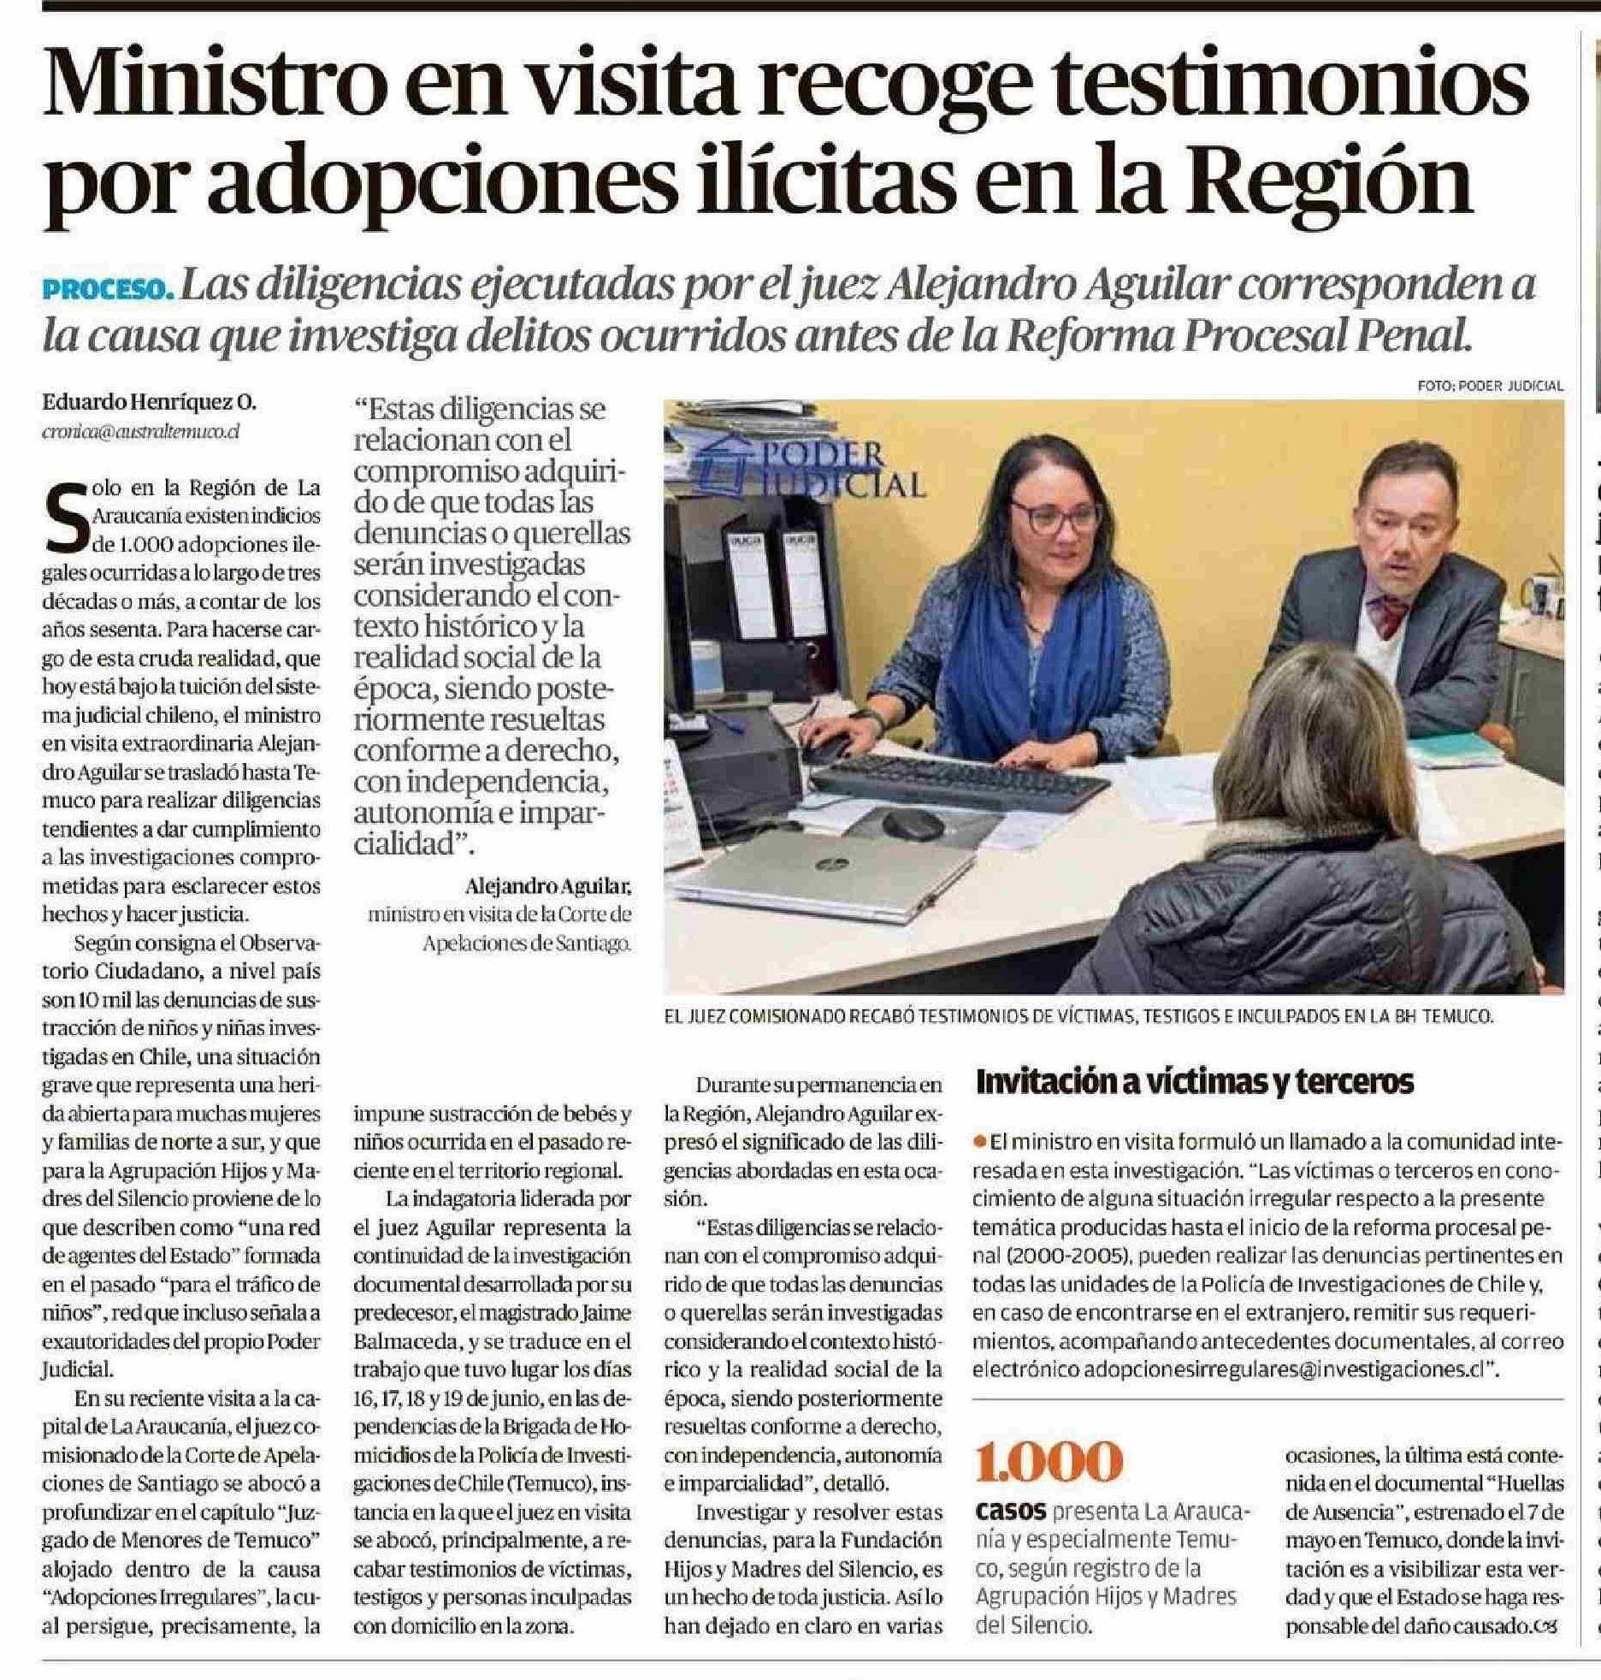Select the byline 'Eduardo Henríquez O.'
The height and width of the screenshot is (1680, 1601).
[x=150, y=402]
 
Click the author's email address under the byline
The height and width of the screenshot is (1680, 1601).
[x=140, y=432]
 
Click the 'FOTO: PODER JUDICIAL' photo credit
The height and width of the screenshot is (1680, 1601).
[x=1490, y=387]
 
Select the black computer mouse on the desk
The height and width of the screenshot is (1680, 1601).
[x=913, y=825]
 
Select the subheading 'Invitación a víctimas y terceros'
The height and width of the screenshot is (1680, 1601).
[x=1194, y=1082]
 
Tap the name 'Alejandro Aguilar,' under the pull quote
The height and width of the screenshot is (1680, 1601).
[x=547, y=885]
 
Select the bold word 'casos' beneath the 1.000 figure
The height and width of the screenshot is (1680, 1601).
[x=1010, y=1511]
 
